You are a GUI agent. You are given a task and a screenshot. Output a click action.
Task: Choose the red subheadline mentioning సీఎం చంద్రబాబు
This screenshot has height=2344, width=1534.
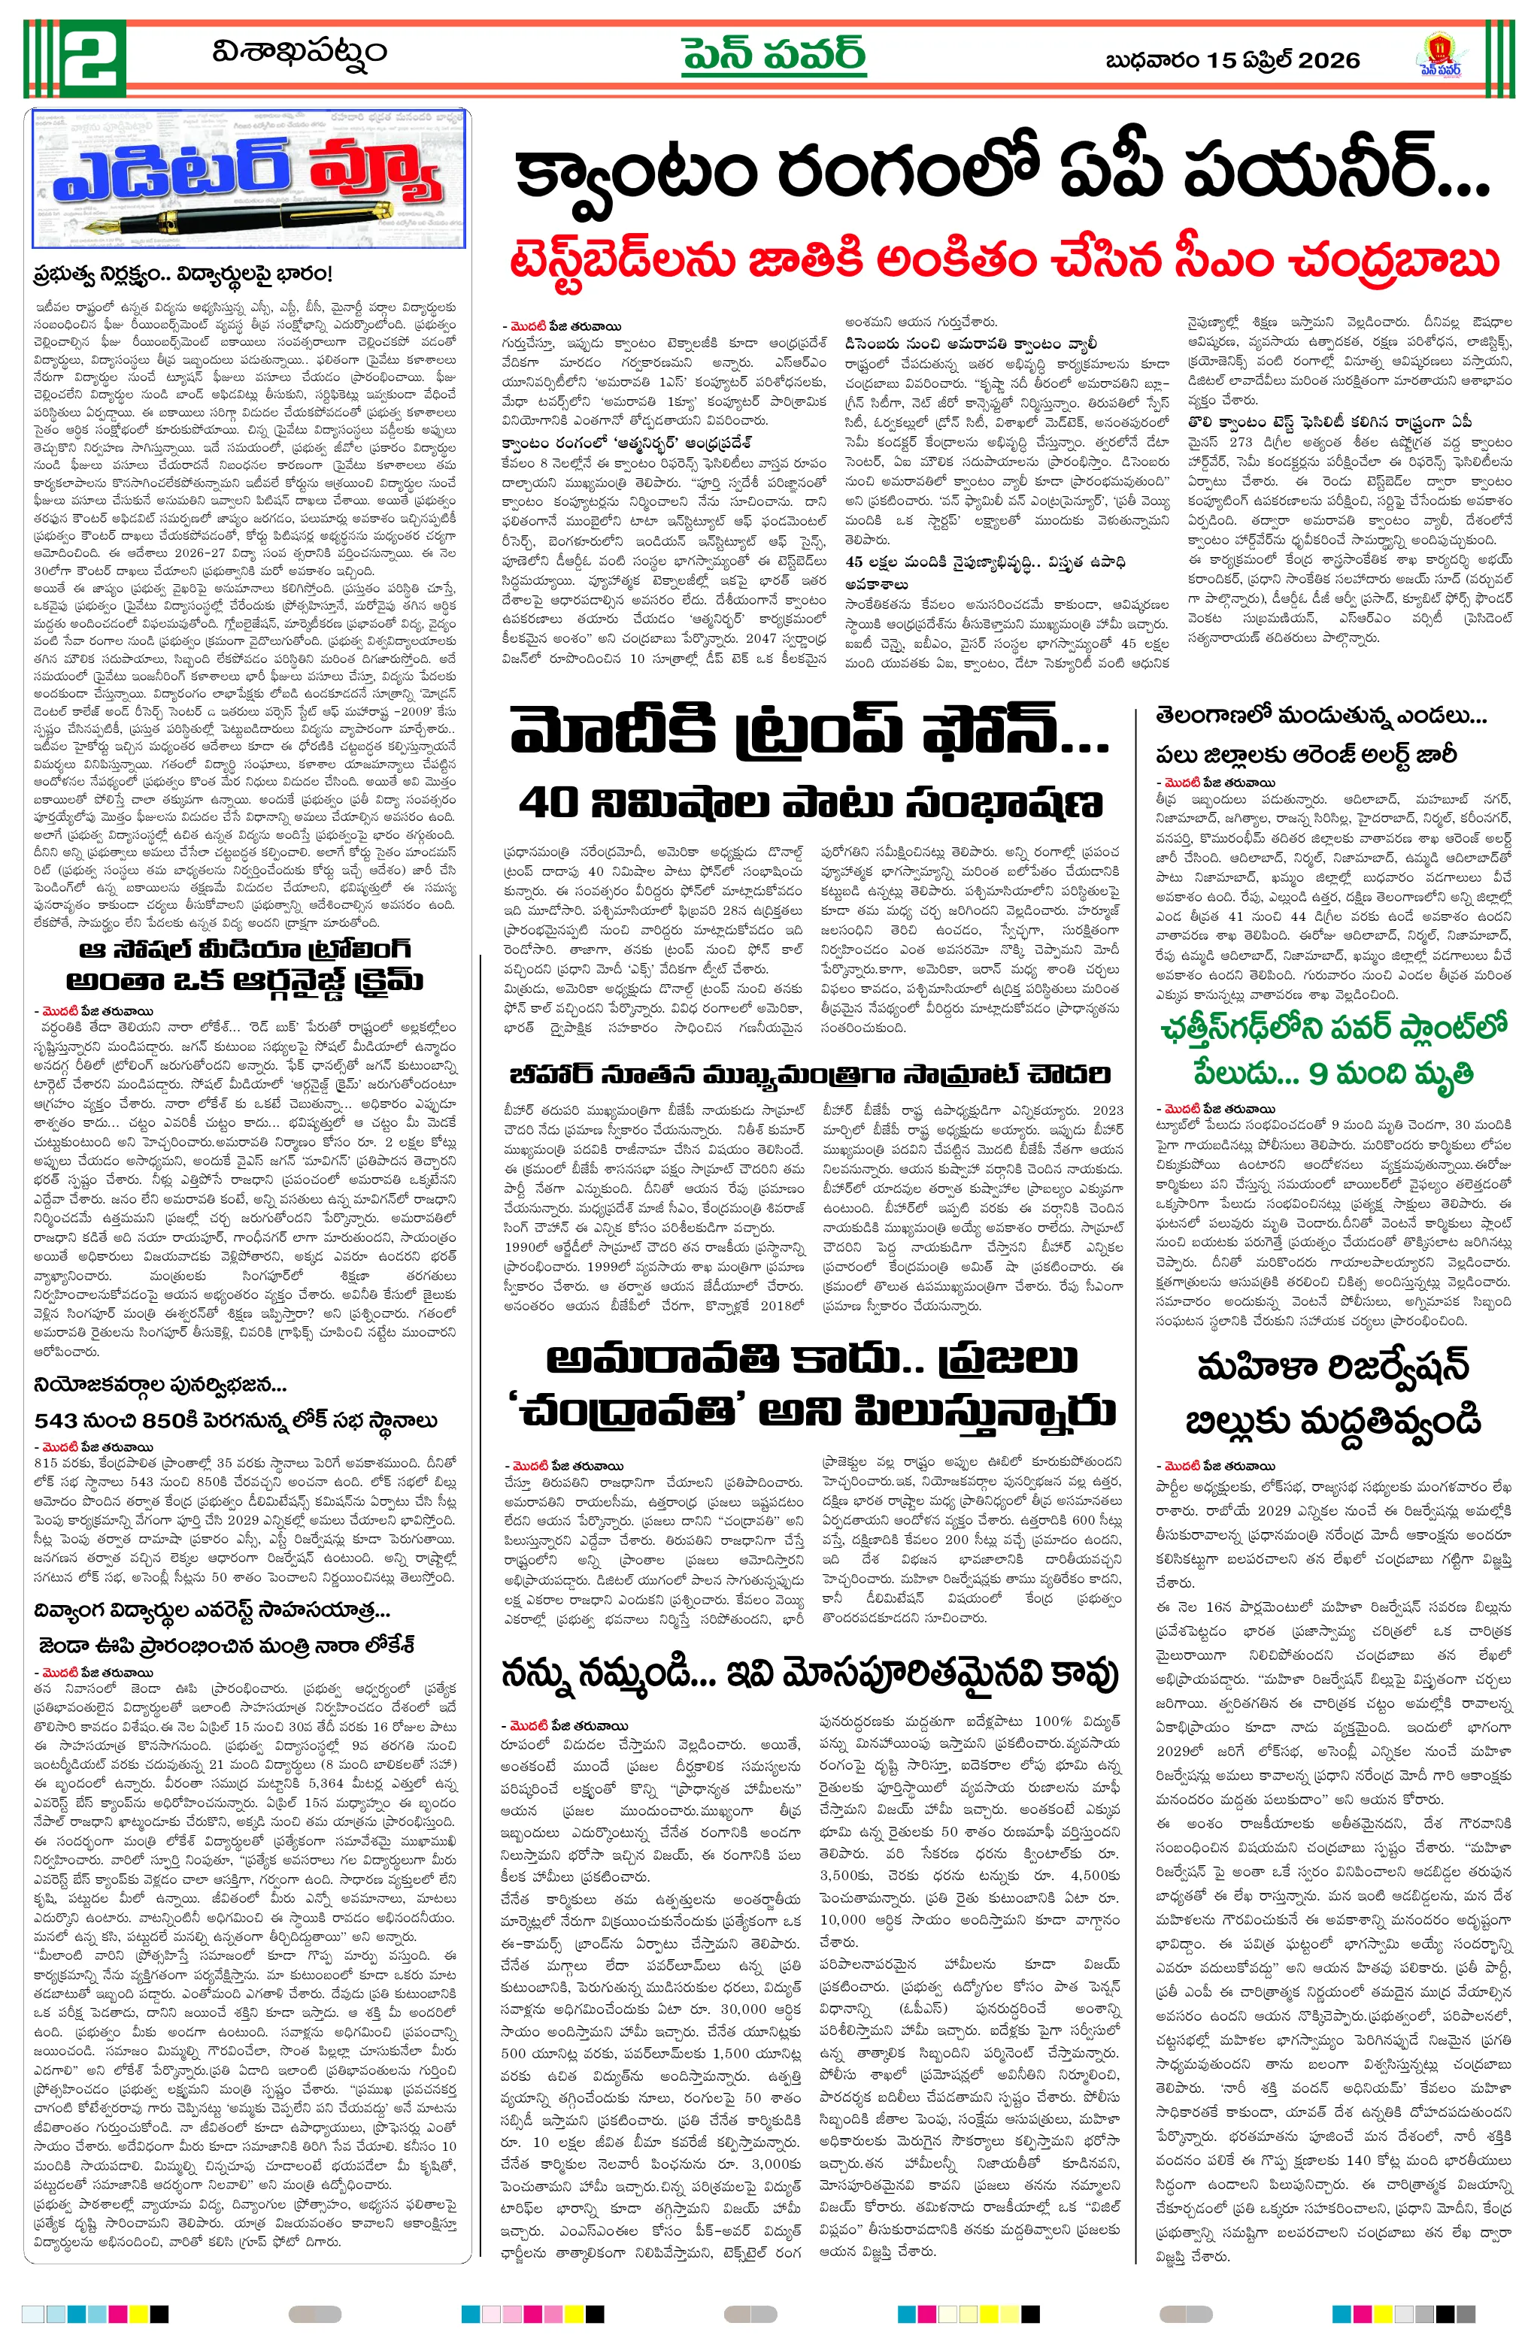point(1004,262)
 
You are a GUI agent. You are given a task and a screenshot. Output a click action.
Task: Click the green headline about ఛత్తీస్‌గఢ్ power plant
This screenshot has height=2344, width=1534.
point(1335,1049)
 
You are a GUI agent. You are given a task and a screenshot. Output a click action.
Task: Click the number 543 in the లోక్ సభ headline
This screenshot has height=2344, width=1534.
point(64,1420)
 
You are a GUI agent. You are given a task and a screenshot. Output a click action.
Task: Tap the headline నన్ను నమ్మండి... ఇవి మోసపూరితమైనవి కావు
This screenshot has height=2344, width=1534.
point(809,1673)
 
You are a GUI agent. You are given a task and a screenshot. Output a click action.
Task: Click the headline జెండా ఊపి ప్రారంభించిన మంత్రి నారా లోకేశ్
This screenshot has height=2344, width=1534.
point(226,1645)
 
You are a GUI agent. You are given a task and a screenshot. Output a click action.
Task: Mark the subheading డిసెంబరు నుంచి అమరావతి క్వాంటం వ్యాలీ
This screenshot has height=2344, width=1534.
point(971,344)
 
